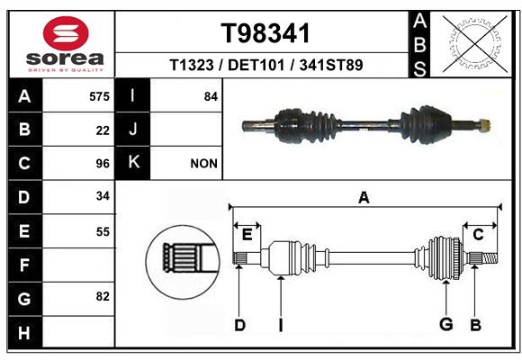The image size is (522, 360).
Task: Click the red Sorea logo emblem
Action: click(66, 33)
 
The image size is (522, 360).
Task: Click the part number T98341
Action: click(265, 33)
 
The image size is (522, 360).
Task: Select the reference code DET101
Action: click(256, 65)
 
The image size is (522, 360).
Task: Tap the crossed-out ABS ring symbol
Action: click(475, 44)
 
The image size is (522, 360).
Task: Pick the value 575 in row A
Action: click(99, 96)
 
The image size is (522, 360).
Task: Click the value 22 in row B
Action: click(103, 130)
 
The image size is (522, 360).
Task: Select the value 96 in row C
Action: click(103, 164)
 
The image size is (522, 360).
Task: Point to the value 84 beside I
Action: click(211, 96)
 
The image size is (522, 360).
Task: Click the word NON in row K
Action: click(203, 164)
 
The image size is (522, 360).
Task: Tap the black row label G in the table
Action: click(25, 299)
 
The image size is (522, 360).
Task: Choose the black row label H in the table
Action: click(25, 332)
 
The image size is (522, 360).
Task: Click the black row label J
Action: click(132, 130)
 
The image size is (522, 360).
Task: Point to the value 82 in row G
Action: click(103, 296)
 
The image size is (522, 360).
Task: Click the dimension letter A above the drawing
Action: click(364, 197)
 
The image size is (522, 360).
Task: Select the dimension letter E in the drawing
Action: click(247, 235)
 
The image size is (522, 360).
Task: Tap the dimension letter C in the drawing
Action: click(478, 235)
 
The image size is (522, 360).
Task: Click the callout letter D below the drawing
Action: click(239, 325)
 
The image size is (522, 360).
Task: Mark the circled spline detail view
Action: click(183, 262)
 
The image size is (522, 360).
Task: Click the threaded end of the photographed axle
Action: click(484, 126)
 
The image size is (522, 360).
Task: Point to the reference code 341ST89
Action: click(331, 65)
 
